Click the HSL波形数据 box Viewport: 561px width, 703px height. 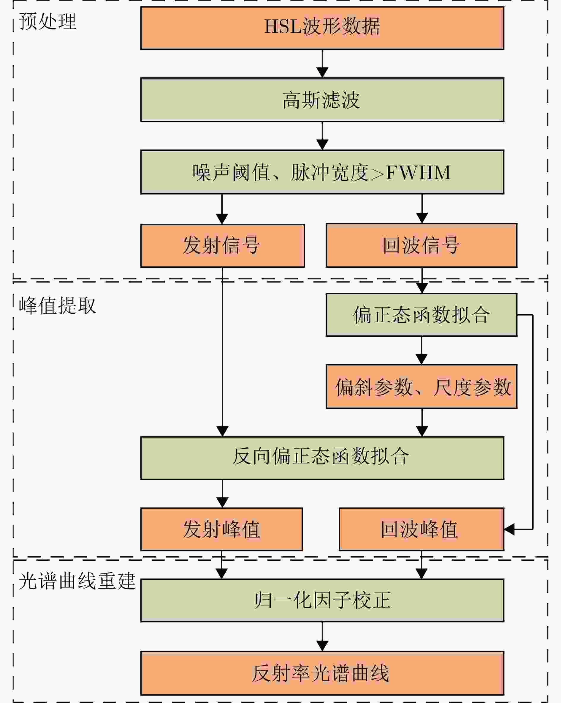tap(322, 28)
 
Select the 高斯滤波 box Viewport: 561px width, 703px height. tap(322, 100)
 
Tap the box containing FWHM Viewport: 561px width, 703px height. tap(322, 172)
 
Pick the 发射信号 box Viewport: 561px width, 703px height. tap(223, 246)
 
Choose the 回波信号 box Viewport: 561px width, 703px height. tap(421, 245)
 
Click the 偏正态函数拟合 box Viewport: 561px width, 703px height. tap(421, 315)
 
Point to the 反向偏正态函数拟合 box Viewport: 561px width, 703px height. tap(322, 458)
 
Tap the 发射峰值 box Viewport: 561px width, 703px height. tap(221, 529)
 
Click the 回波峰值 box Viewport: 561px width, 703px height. tap(421, 529)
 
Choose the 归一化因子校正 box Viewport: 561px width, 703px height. tap(322, 600)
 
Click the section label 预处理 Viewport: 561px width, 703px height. tap(47, 21)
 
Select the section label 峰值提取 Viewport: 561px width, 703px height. tap(57, 306)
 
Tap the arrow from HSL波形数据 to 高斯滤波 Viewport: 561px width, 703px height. tap(322, 64)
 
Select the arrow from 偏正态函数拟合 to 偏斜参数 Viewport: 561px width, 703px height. tap(421, 351)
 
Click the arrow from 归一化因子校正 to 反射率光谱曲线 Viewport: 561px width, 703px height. tap(322, 637)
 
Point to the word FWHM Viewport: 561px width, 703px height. tap(418, 173)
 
